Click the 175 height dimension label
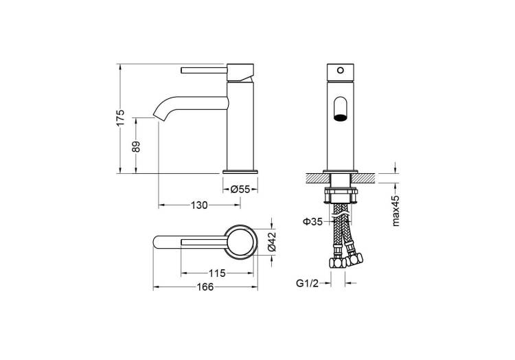[121, 117]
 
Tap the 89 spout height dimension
[136, 146]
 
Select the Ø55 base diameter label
[240, 189]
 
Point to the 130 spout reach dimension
[199, 205]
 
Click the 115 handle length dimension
[217, 273]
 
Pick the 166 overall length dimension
[205, 287]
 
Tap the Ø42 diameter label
[272, 242]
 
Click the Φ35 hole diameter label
[312, 222]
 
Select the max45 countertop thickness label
[396, 210]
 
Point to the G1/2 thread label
[307, 283]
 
